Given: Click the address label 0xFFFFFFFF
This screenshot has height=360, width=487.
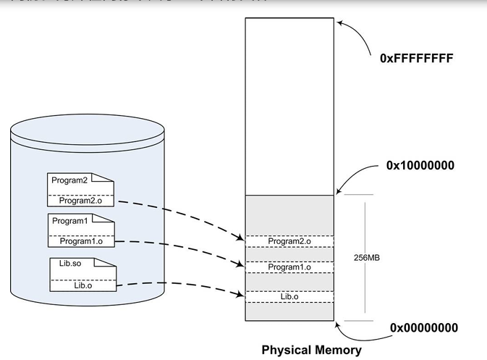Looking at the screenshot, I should [416, 58].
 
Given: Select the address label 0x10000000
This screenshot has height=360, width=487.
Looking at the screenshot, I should [420, 165].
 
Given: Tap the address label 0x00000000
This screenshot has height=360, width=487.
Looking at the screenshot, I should [423, 328].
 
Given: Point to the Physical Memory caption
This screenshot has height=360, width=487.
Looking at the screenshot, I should [311, 351].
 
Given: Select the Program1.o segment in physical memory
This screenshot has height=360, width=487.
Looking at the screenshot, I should [289, 267].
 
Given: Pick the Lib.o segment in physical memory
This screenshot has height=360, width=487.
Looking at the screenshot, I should [289, 296].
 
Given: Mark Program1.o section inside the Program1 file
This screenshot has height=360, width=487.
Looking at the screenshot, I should [81, 241].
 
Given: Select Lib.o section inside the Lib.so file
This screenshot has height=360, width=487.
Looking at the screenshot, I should [84, 285].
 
